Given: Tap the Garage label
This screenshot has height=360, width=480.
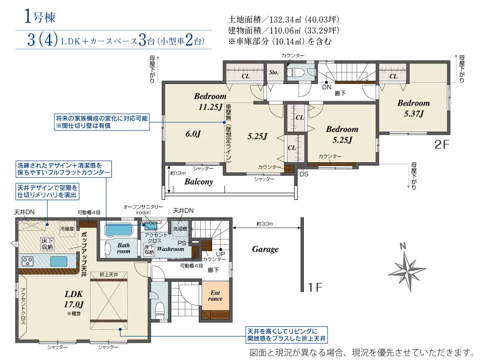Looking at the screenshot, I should [265, 249].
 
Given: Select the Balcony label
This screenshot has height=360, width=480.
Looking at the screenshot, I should [199, 182].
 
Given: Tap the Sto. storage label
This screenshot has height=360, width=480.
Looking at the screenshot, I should [274, 72].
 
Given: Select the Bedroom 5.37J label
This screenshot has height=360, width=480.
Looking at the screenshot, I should [413, 108].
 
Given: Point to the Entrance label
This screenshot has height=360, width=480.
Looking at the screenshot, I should [215, 296].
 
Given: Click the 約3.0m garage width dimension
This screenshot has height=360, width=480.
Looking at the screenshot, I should [264, 224].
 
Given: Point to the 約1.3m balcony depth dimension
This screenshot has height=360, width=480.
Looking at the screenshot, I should [178, 173].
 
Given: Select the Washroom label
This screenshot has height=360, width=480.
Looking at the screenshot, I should [170, 249].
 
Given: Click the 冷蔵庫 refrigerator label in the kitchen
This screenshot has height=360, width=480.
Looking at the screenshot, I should [67, 229].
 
